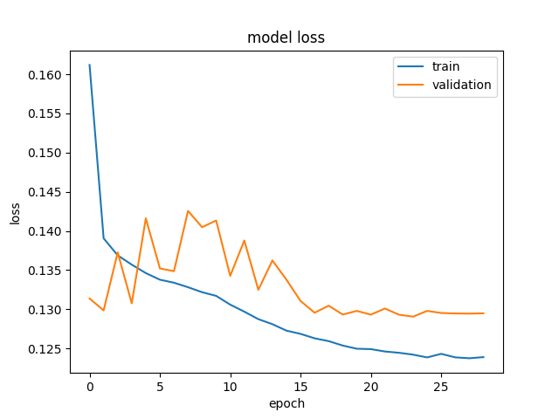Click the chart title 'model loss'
286,38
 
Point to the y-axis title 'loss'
15,213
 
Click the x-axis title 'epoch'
286,403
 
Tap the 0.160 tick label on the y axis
45,75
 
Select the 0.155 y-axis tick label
45,114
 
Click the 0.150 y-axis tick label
45,154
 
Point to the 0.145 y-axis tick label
45,192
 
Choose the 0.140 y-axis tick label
45,231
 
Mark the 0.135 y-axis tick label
45,271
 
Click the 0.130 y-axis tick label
45,310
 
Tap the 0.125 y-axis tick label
45,349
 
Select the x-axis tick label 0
90,387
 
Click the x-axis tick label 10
230,387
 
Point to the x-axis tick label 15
300,387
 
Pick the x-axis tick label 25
441,387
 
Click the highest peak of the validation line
188,211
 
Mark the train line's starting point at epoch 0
89,65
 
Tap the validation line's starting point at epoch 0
89,299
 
